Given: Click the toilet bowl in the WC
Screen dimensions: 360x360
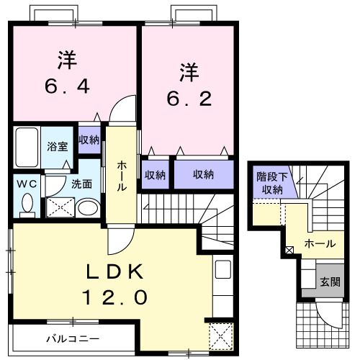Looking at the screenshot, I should tap(27, 205).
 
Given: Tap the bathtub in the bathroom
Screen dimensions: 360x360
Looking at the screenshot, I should tap(27, 146).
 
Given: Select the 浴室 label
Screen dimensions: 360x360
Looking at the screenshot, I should tap(58, 146).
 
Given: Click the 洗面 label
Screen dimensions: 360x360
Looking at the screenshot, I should tap(81, 184).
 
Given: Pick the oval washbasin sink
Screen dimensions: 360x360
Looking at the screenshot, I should tap(87, 209).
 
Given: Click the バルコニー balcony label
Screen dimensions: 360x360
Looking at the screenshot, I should tap(73, 338).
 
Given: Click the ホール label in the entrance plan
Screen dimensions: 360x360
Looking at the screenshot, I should tap(319, 244).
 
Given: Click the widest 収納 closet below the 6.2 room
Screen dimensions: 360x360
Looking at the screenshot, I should tap(203, 174).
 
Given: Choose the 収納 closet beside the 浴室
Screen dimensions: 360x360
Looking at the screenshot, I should tap(89, 140).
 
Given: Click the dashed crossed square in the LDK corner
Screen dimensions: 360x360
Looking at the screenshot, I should tap(218, 336).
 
